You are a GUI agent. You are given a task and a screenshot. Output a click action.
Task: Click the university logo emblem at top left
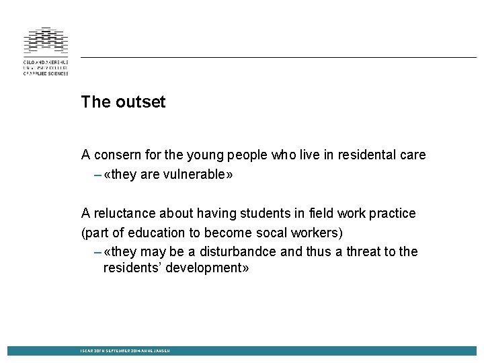(46, 40)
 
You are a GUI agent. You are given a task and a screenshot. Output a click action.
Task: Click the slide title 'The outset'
(123, 102)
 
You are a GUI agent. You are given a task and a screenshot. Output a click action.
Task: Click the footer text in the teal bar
(125, 351)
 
